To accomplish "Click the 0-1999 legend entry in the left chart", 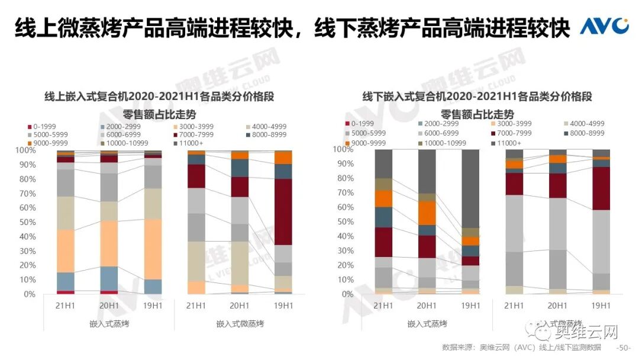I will tap(44, 126).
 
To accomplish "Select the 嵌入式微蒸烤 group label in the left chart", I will tap(240, 324).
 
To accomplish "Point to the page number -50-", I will tap(624, 348).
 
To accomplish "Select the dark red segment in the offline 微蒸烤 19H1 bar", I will tap(601, 188).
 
